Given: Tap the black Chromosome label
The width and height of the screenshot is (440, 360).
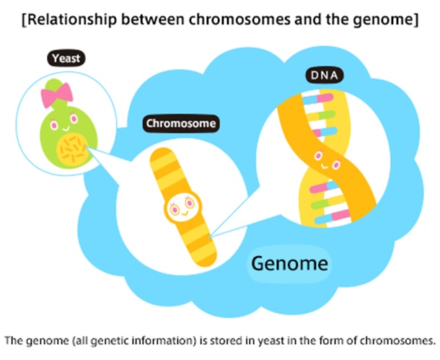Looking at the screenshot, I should tap(180, 123).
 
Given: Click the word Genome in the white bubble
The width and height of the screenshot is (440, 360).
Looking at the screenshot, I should tap(289, 264).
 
